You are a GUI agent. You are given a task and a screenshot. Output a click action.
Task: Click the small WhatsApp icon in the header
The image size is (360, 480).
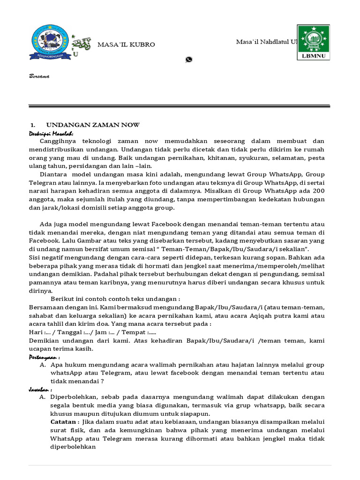(189, 59)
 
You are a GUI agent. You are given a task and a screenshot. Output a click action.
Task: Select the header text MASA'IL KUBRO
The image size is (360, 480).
(126, 45)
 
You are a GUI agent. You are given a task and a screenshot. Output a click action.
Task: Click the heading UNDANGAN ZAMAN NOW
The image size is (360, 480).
(92, 125)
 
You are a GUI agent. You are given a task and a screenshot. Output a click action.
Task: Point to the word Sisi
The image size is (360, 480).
(35, 258)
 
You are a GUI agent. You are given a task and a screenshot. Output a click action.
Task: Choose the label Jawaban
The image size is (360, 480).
(41, 390)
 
